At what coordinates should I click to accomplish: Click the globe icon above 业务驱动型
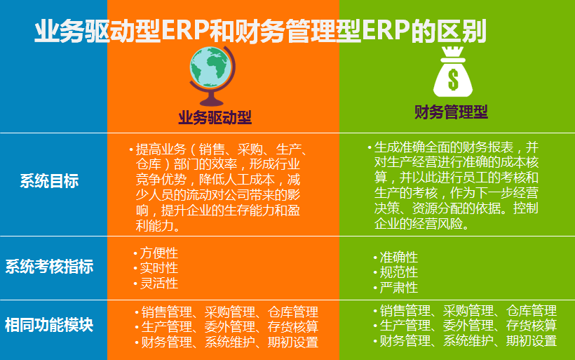click(212, 76)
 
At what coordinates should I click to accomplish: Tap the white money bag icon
click(453, 72)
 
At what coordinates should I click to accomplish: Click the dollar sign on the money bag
click(453, 79)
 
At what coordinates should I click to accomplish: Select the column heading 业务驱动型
click(215, 118)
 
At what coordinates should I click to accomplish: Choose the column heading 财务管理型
click(451, 112)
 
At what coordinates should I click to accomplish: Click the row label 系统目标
click(49, 181)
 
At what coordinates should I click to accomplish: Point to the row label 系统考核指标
click(49, 267)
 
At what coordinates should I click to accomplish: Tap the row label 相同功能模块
click(49, 325)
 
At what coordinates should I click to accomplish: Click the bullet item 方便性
click(158, 253)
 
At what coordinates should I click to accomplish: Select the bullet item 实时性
click(158, 268)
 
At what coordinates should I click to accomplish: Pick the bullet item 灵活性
click(158, 284)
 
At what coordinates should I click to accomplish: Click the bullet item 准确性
click(398, 257)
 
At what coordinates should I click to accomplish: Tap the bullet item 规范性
click(398, 272)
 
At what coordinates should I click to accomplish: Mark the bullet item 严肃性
click(398, 288)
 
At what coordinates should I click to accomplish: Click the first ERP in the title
click(185, 30)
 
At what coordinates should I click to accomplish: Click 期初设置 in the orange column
click(293, 342)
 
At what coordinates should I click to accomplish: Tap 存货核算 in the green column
click(532, 326)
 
